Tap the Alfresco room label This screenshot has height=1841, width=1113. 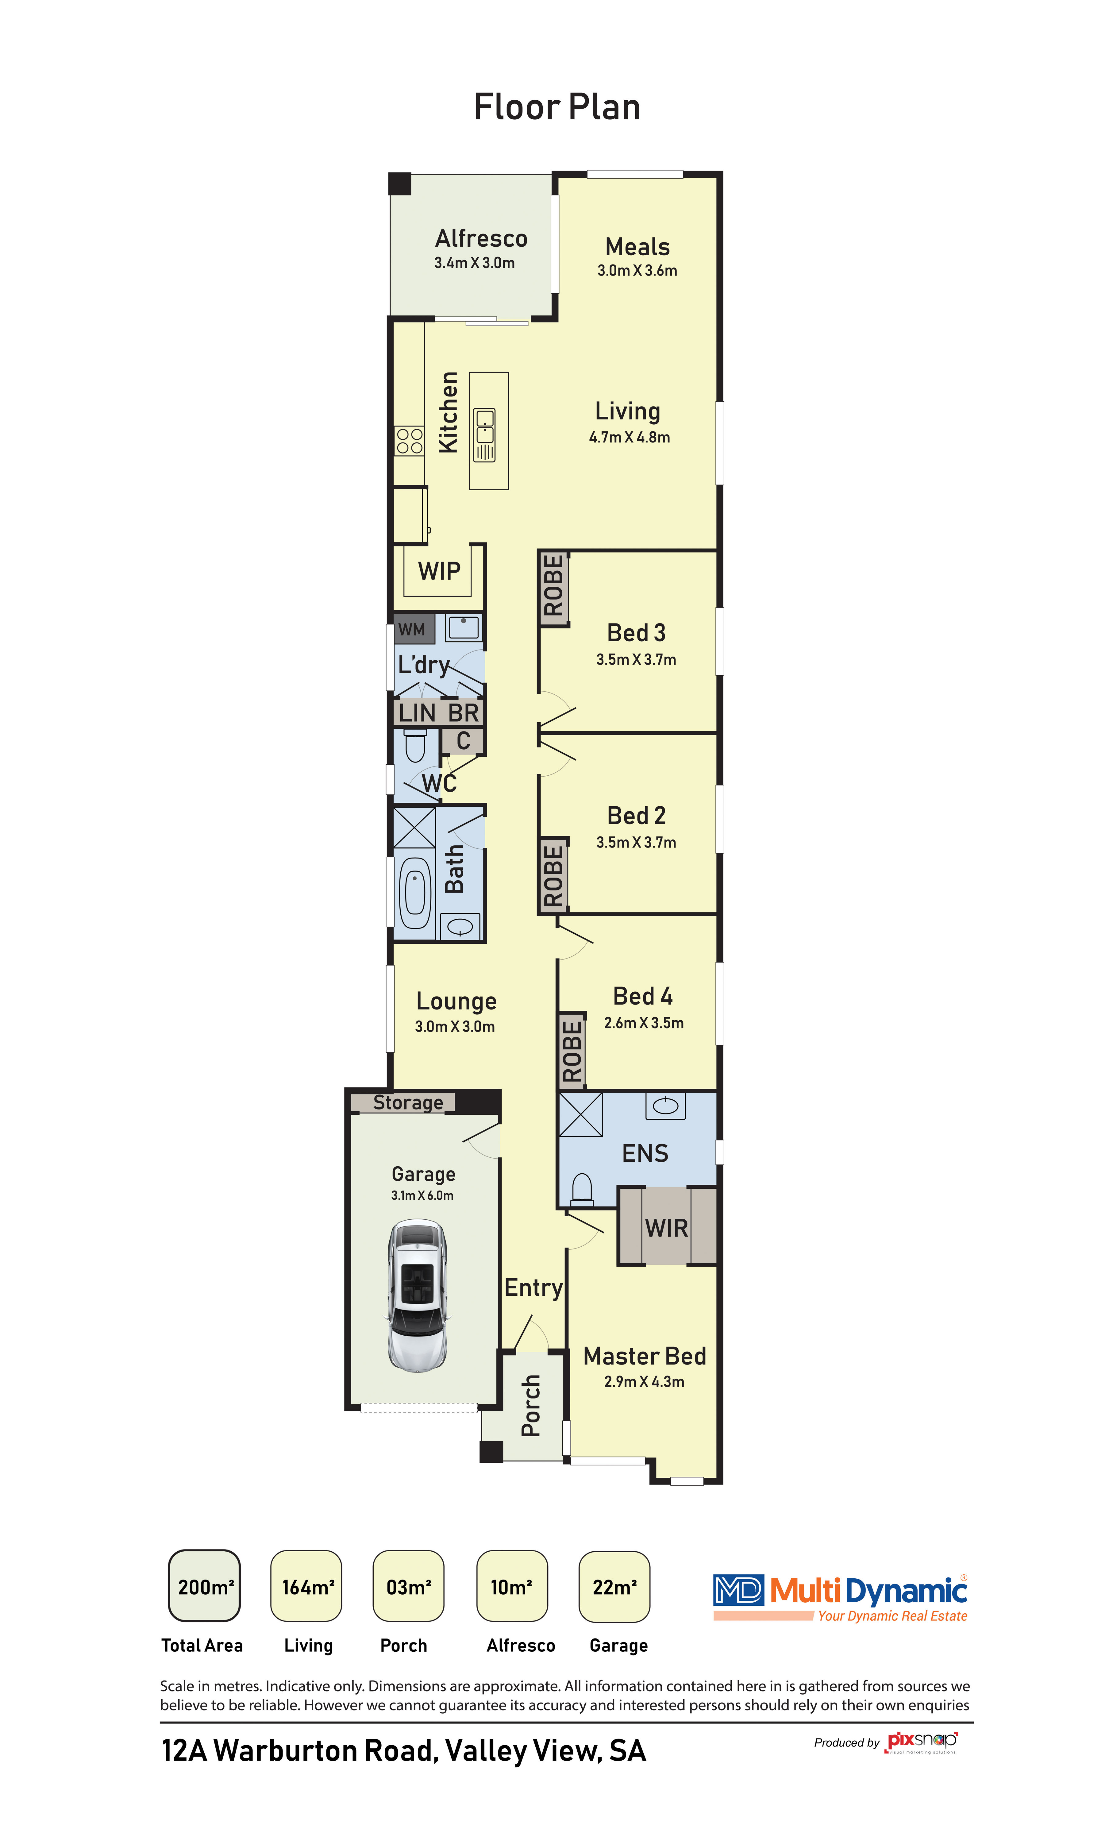pyautogui.click(x=481, y=238)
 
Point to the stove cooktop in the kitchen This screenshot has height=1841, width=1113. pyautogui.click(x=409, y=441)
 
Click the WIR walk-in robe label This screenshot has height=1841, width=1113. pyautogui.click(x=666, y=1228)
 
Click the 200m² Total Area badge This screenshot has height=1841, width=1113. pyautogui.click(x=205, y=1585)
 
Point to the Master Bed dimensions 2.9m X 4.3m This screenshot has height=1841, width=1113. pyautogui.click(x=644, y=1381)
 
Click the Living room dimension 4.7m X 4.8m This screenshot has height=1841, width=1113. pyautogui.click(x=629, y=437)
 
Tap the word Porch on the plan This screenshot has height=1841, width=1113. pyautogui.click(x=530, y=1405)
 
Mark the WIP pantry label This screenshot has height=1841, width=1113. pyautogui.click(x=439, y=571)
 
